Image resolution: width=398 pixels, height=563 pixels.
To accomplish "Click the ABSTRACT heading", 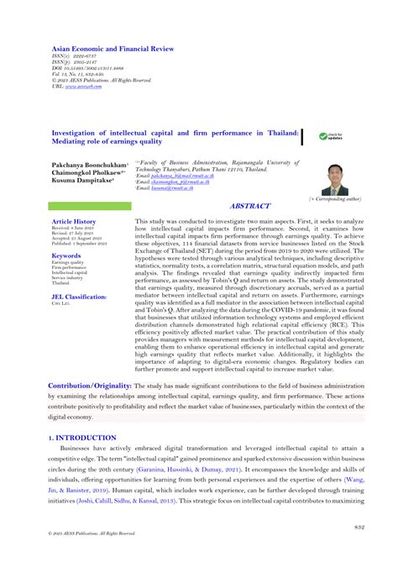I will tap(251, 205).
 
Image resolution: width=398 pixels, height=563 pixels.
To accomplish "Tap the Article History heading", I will tap(74, 222).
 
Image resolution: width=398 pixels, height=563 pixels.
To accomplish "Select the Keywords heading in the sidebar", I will tap(66, 255).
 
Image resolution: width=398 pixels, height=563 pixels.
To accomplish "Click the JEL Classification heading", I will tap(79, 297).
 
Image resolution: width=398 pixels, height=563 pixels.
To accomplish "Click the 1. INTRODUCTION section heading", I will tap(82, 438).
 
